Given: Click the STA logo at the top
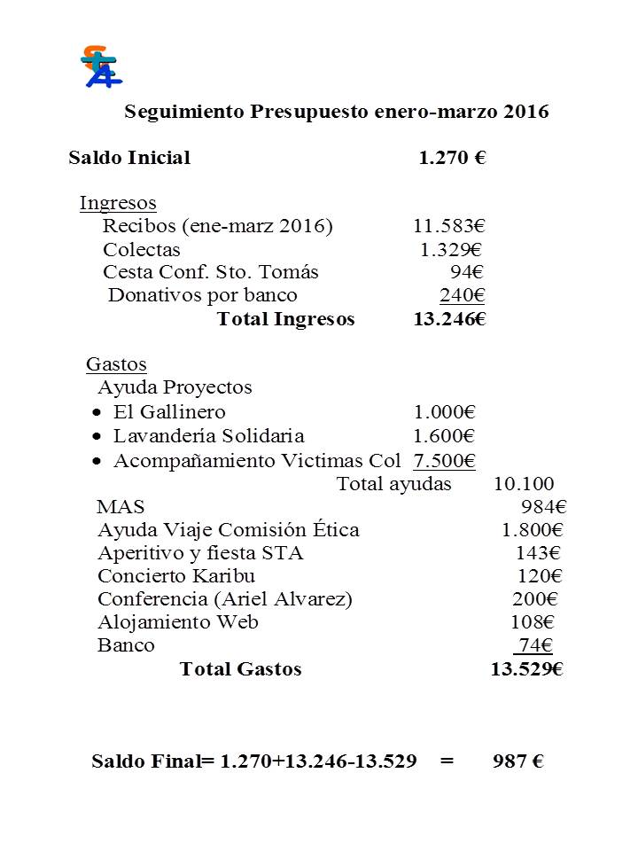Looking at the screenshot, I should click(x=100, y=66).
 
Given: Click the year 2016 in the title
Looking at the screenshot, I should click(x=526, y=113).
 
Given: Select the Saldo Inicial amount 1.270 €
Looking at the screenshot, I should click(x=452, y=159).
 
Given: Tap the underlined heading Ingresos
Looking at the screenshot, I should click(x=118, y=203).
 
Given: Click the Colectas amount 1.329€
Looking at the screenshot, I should click(x=451, y=249).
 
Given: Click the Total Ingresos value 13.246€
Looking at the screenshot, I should click(x=449, y=319).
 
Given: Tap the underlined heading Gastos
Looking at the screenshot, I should click(x=116, y=364).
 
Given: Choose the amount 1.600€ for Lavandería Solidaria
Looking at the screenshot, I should click(x=445, y=436).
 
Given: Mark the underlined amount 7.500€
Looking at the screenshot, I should click(x=445, y=461).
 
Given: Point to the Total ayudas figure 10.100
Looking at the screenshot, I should click(x=524, y=484).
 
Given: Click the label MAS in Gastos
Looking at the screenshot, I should click(x=121, y=507).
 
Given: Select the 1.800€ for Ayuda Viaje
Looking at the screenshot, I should click(x=532, y=530).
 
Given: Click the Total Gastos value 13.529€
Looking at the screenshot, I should click(x=527, y=669).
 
